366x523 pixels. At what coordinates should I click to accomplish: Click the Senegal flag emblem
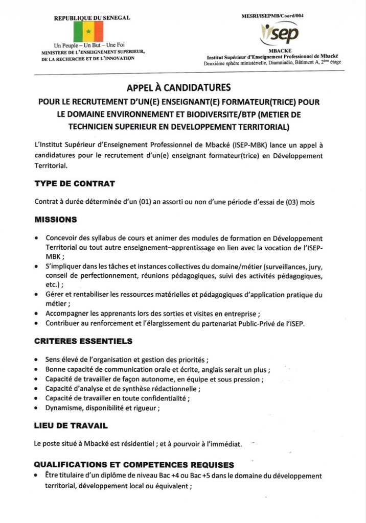pyautogui.click(x=88, y=31)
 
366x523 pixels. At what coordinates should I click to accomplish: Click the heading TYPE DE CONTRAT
pyautogui.click(x=75, y=183)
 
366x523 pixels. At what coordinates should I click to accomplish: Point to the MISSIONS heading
pyautogui.click(x=56, y=220)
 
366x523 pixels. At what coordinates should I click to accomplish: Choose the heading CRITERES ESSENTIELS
pyautogui.click(x=83, y=341)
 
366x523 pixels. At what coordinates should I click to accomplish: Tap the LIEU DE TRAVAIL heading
pyautogui.click(x=71, y=425)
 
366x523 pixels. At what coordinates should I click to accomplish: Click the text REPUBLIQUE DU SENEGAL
pyautogui.click(x=93, y=18)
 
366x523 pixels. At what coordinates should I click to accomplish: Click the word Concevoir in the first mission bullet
pyautogui.click(x=61, y=239)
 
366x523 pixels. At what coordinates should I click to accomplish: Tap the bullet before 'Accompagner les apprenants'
pyautogui.click(x=37, y=314)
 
